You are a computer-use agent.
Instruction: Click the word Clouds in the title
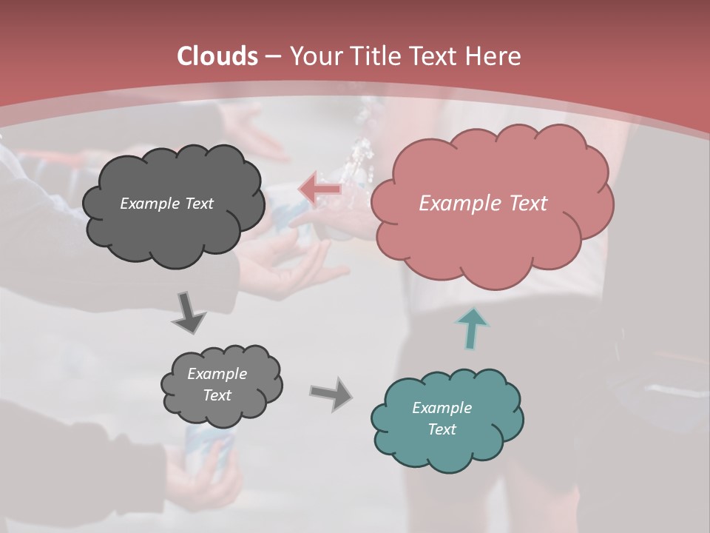coord(217,56)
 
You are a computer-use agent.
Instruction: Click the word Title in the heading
coord(373,56)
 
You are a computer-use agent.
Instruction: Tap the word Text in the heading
coord(432,56)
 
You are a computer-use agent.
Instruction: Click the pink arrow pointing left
coord(319,190)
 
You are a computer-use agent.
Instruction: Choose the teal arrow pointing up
coord(472,327)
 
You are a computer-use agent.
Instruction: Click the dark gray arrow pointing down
coord(189,312)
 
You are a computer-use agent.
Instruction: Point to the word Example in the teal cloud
coord(442,408)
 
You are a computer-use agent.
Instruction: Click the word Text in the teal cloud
coord(442,429)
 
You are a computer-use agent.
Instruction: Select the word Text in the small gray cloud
coord(217,395)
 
